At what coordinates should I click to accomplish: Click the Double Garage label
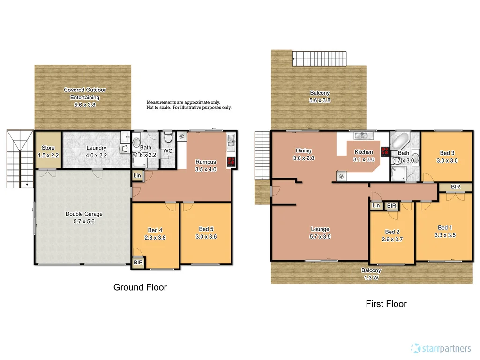[84, 214]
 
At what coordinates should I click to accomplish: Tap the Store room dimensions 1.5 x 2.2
[48, 155]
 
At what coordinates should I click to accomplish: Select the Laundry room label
[97, 148]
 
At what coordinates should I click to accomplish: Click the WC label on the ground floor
[166, 151]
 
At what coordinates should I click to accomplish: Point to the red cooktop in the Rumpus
[231, 162]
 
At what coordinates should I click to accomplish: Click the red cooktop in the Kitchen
[384, 151]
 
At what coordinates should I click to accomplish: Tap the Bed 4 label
[155, 230]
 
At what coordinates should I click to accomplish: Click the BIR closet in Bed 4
[138, 262]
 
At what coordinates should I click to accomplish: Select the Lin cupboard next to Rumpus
[137, 176]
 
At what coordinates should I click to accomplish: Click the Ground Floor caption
[140, 287]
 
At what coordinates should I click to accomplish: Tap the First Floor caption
[386, 304]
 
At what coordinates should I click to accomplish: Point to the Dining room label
[303, 151]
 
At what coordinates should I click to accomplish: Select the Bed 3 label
[447, 153]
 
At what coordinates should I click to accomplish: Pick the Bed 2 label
[392, 232]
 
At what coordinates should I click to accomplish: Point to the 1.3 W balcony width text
[371, 277]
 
